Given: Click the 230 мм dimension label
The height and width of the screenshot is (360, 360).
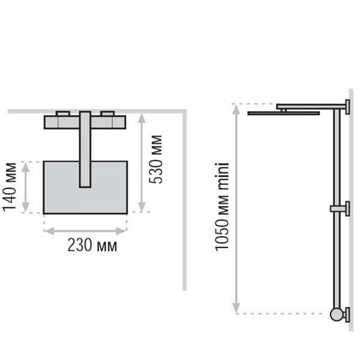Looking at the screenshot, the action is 92,246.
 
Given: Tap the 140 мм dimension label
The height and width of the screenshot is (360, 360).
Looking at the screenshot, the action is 10,187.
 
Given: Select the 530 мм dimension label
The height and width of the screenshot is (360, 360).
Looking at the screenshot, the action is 155,160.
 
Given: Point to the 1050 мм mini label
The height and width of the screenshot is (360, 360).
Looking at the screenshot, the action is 222,206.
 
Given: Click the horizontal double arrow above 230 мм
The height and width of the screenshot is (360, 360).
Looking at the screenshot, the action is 85,231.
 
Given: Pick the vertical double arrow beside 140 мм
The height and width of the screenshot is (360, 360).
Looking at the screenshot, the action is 26,187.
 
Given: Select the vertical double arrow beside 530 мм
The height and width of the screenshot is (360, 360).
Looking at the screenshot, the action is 142,162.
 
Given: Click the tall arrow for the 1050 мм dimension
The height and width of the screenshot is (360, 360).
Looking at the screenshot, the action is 236,208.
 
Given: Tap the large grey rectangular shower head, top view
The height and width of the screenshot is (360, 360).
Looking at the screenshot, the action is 86,188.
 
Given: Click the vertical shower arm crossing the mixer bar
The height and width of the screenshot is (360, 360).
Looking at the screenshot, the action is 85,150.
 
